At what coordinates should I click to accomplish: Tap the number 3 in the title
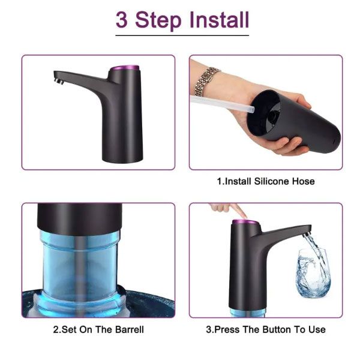click(122, 20)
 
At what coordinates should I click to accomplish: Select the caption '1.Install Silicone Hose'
click(265, 181)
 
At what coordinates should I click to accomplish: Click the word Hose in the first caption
click(303, 181)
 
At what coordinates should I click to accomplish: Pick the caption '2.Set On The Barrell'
click(98, 329)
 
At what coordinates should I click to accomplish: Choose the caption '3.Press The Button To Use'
click(265, 329)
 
